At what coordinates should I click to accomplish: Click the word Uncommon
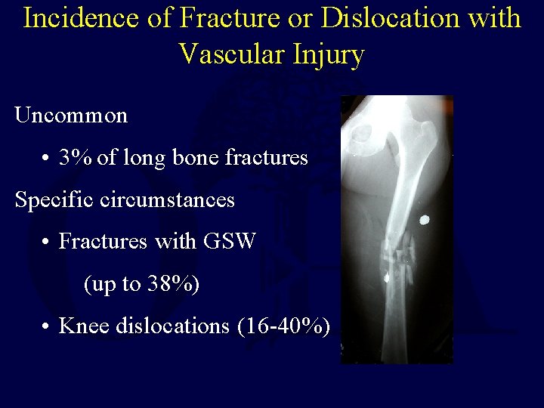71,116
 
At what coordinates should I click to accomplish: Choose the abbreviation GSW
230,242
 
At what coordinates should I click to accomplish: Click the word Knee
82,326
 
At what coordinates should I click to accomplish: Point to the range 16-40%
284,326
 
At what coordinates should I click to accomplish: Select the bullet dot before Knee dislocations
47,327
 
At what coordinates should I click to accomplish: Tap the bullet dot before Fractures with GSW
47,243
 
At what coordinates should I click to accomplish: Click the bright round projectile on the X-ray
424,220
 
